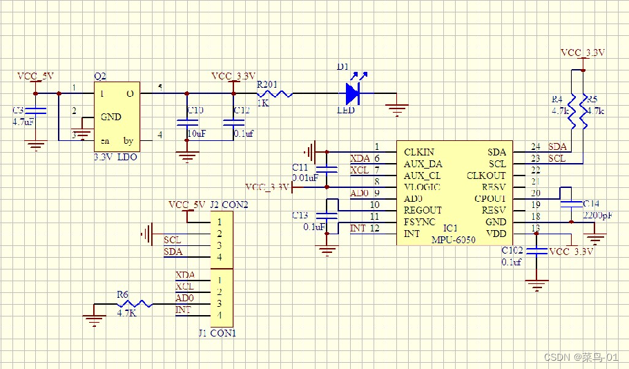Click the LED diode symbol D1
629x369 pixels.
(x=353, y=93)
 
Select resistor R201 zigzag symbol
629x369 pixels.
(x=275, y=93)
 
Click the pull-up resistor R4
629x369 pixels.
(x=572, y=111)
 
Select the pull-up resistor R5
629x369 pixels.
(x=584, y=111)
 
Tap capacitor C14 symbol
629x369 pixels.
(x=571, y=203)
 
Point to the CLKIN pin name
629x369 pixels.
(x=419, y=152)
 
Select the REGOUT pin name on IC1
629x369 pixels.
(x=423, y=210)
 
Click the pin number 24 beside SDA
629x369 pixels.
(x=535, y=146)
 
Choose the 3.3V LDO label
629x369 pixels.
(x=115, y=158)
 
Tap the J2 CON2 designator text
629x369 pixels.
(x=228, y=205)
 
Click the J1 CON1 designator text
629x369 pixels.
(x=217, y=333)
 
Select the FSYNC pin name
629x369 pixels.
(x=419, y=222)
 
